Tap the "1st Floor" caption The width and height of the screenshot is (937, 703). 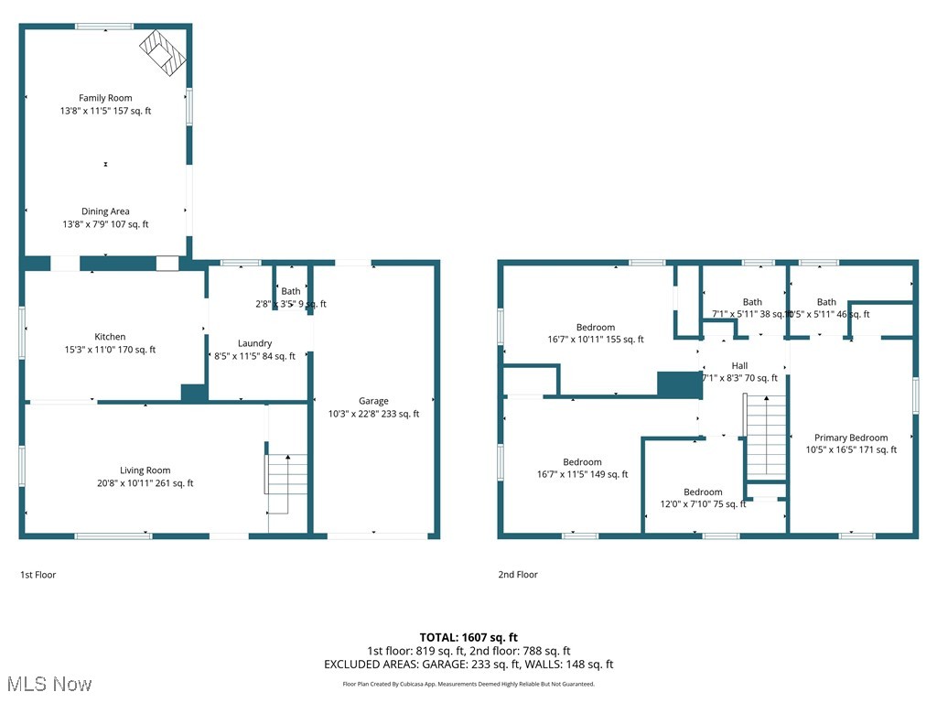point(38,575)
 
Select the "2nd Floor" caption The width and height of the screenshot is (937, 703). point(518,575)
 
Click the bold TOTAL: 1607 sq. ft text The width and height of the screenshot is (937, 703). point(468,637)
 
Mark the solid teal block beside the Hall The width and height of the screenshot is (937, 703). point(679,384)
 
